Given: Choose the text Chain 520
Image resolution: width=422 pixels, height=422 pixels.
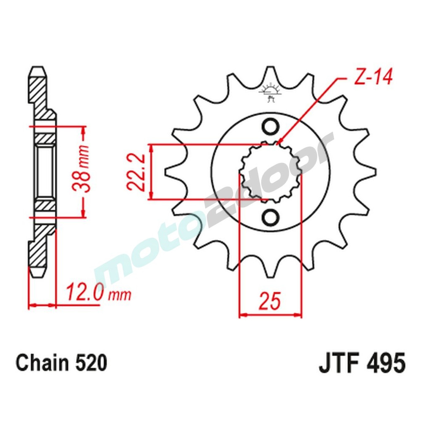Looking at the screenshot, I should pyautogui.click(x=61, y=363).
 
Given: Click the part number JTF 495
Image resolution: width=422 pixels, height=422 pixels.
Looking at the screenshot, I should pyautogui.click(x=362, y=363).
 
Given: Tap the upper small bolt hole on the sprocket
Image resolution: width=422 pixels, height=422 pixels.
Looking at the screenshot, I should pyautogui.click(x=270, y=126).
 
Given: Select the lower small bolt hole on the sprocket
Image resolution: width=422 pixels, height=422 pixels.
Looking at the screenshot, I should pyautogui.click(x=270, y=217).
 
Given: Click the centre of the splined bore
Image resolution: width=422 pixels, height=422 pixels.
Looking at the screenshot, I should pyautogui.click(x=270, y=172).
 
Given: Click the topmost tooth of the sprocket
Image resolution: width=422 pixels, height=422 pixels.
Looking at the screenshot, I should pyautogui.click(x=270, y=74).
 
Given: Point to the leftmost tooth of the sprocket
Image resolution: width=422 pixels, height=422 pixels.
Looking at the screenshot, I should pyautogui.click(x=171, y=172).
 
